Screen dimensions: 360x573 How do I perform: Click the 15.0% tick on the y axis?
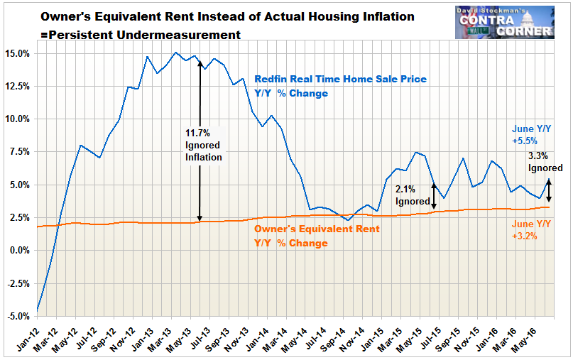click(x=18, y=53)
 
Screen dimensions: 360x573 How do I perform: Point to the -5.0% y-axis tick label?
click(x=18, y=316)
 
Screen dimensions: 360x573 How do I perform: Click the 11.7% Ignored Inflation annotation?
click(x=204, y=145)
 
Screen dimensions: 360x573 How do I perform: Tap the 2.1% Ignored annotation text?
click(x=410, y=195)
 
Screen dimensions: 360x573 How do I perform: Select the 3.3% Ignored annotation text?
click(x=544, y=161)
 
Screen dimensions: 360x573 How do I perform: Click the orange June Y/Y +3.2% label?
click(x=530, y=229)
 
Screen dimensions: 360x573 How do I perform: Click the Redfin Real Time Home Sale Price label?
click(x=341, y=86)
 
